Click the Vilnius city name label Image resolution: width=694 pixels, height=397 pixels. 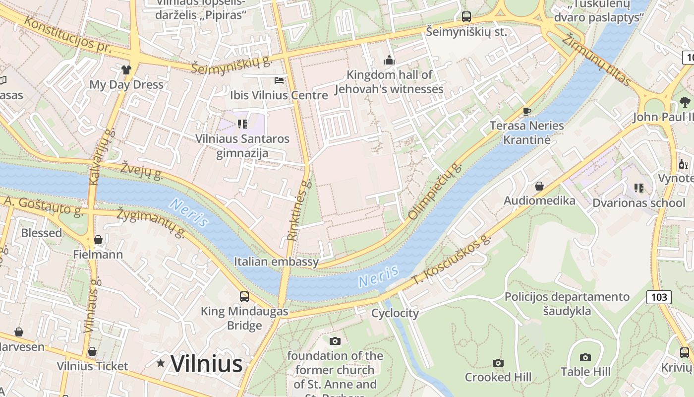click(x=206, y=364)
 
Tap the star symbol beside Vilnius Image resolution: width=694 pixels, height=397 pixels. click(x=161, y=363)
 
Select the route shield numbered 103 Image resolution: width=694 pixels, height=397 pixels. click(x=659, y=297)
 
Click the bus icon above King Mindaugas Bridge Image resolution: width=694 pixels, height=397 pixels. click(x=244, y=297)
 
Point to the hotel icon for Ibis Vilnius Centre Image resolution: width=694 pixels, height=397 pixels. click(x=279, y=80)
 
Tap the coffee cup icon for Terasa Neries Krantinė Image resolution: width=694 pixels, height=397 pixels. click(x=527, y=111)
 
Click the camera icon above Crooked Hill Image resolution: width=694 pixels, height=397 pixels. click(x=498, y=363)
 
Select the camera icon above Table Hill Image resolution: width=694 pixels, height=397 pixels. click(x=585, y=357)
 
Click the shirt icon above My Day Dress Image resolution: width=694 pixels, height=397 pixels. click(x=126, y=70)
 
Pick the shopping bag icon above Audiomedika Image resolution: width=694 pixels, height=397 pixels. click(x=539, y=186)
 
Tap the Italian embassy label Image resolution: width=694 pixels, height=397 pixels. click(x=276, y=262)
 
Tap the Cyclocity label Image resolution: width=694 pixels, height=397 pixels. click(x=395, y=313)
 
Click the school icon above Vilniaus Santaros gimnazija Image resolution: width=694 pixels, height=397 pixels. click(x=242, y=124)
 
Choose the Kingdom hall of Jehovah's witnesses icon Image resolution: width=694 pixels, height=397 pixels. click(x=389, y=61)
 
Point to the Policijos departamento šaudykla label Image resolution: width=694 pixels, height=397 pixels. click(x=567, y=304)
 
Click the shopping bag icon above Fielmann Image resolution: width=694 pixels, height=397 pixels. click(x=98, y=240)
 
